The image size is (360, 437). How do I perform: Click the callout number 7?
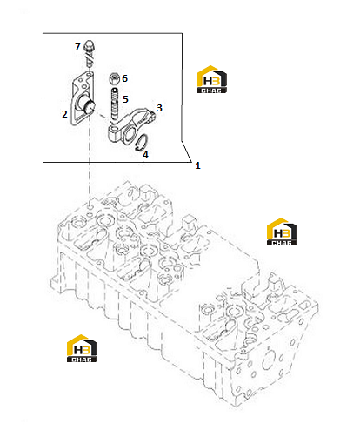coord(77,46)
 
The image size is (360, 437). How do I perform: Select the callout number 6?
coord(124,78)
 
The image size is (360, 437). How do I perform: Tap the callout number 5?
coord(125,99)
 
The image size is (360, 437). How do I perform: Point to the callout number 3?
coord(159,108)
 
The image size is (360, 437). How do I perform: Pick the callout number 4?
coord(145,155)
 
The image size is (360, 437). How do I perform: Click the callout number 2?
coord(64,114)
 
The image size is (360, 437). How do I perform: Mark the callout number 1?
coord(197,165)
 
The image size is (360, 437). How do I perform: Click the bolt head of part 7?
coord(89,46)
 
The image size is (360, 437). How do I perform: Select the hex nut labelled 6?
coord(114,78)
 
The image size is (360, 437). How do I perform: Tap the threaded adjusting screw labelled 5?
coord(115,104)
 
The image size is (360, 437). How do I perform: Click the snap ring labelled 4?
coord(143,143)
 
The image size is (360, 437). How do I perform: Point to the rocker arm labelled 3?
coord(132,124)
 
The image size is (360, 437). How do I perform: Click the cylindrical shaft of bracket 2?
coord(87,104)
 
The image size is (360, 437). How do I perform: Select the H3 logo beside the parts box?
coord(211,79)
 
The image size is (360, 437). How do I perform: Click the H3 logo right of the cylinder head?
coord(282,232)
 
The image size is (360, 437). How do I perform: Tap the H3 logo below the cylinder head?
coord(82,348)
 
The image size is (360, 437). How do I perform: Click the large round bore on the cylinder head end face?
coord(269,360)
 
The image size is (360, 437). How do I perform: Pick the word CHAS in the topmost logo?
coord(211,91)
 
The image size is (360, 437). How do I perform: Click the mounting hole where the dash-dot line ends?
coord(90,207)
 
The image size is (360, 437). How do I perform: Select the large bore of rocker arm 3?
coord(130,134)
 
